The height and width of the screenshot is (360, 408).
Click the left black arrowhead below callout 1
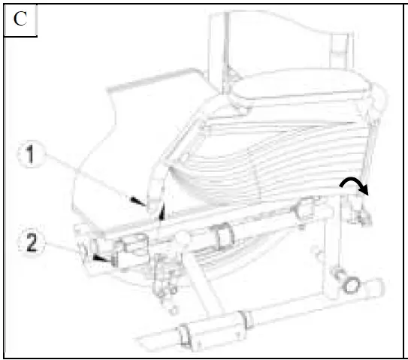(136, 201)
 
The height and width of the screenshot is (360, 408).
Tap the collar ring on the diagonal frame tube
(222, 237)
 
